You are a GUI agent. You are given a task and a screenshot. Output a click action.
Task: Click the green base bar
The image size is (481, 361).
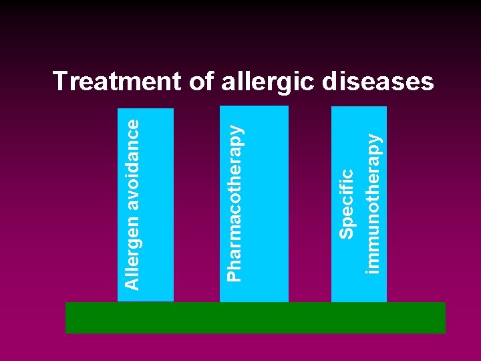255,318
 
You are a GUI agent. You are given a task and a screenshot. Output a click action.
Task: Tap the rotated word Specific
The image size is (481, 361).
346,204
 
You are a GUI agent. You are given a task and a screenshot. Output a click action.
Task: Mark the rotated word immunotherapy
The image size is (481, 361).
373,201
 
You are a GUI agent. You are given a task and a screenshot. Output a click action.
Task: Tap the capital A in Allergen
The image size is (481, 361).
133,284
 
